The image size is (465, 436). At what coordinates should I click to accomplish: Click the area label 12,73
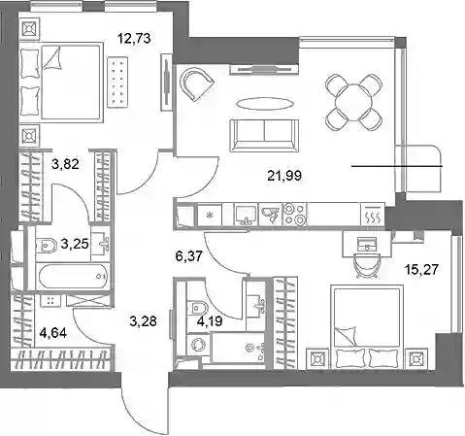pyautogui.click(x=134, y=39)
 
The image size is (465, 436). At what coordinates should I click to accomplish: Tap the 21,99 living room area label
pyautogui.click(x=284, y=176)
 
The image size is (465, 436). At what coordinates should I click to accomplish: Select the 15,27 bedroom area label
pyautogui.click(x=421, y=269)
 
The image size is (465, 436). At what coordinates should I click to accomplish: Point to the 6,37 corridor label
pyautogui.click(x=189, y=256)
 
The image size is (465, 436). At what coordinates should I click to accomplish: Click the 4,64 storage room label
pyautogui.click(x=52, y=332)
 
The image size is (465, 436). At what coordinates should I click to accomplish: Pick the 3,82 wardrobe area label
pyautogui.click(x=65, y=164)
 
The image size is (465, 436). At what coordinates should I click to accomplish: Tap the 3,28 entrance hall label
pyautogui.click(x=143, y=321)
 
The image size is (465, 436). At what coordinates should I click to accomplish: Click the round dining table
pyautogui.click(x=353, y=102)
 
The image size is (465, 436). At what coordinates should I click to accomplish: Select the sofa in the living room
pyautogui.click(x=264, y=135)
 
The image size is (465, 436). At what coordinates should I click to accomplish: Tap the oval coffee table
pyautogui.click(x=265, y=104)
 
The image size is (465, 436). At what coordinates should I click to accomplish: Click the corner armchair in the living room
pyautogui.click(x=196, y=84)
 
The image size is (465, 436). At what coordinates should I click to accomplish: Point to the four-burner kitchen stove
pyautogui.click(x=294, y=214)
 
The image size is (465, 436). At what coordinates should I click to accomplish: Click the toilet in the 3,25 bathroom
pyautogui.click(x=47, y=246)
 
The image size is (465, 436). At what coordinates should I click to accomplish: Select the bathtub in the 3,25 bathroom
pyautogui.click(x=73, y=276)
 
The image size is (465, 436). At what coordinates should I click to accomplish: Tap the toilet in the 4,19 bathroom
pyautogui.click(x=197, y=307)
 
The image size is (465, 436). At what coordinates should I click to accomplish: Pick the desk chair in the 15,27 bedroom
pyautogui.click(x=366, y=266)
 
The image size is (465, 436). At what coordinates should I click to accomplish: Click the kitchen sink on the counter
pyautogui.click(x=246, y=214)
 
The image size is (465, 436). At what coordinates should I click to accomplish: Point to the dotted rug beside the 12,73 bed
pyautogui.click(x=117, y=83)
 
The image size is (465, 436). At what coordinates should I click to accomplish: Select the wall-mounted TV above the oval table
pyautogui.click(x=264, y=69)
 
